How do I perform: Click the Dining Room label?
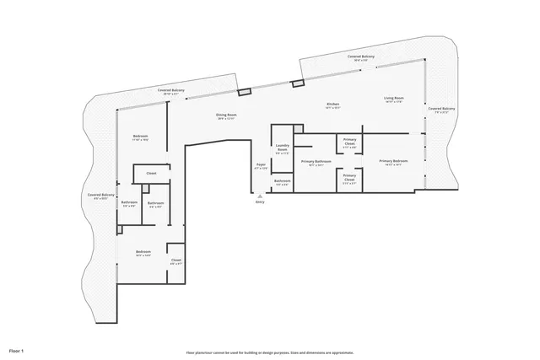click(x=226, y=115)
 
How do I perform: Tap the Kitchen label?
click(x=333, y=105)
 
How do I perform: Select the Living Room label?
click(x=394, y=99)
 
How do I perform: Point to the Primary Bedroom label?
click(x=393, y=161)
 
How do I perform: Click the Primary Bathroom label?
click(x=316, y=162)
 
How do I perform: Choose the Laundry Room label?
click(x=283, y=150)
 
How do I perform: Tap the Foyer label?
click(x=261, y=166)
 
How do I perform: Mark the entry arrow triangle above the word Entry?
click(x=260, y=196)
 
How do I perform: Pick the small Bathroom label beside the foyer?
click(x=283, y=181)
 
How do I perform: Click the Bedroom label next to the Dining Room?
click(x=141, y=137)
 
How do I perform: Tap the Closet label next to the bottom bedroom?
click(x=176, y=261)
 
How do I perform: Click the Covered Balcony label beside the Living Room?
click(x=440, y=109)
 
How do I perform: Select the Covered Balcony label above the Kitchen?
click(x=361, y=56)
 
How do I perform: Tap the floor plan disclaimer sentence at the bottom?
click(x=270, y=352)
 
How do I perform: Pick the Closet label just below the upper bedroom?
click(x=151, y=174)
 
